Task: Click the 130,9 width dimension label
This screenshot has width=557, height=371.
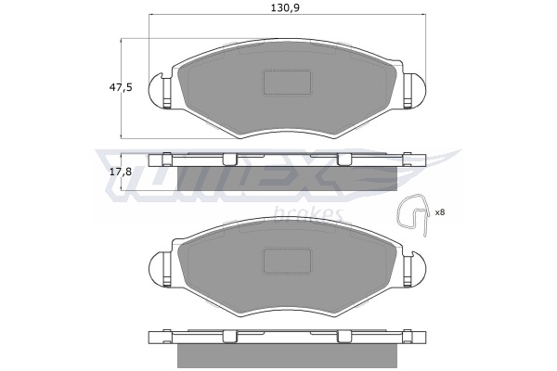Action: click(x=285, y=7)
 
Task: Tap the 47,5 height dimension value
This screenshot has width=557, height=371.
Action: click(x=121, y=87)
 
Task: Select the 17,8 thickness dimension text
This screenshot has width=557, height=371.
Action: click(x=121, y=173)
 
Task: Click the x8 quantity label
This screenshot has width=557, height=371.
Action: click(x=440, y=212)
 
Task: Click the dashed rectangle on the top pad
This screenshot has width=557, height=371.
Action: click(x=287, y=83)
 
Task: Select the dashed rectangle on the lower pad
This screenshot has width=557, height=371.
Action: click(x=287, y=261)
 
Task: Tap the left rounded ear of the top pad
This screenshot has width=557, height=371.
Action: click(x=156, y=90)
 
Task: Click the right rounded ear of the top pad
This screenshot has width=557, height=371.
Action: click(x=416, y=90)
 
